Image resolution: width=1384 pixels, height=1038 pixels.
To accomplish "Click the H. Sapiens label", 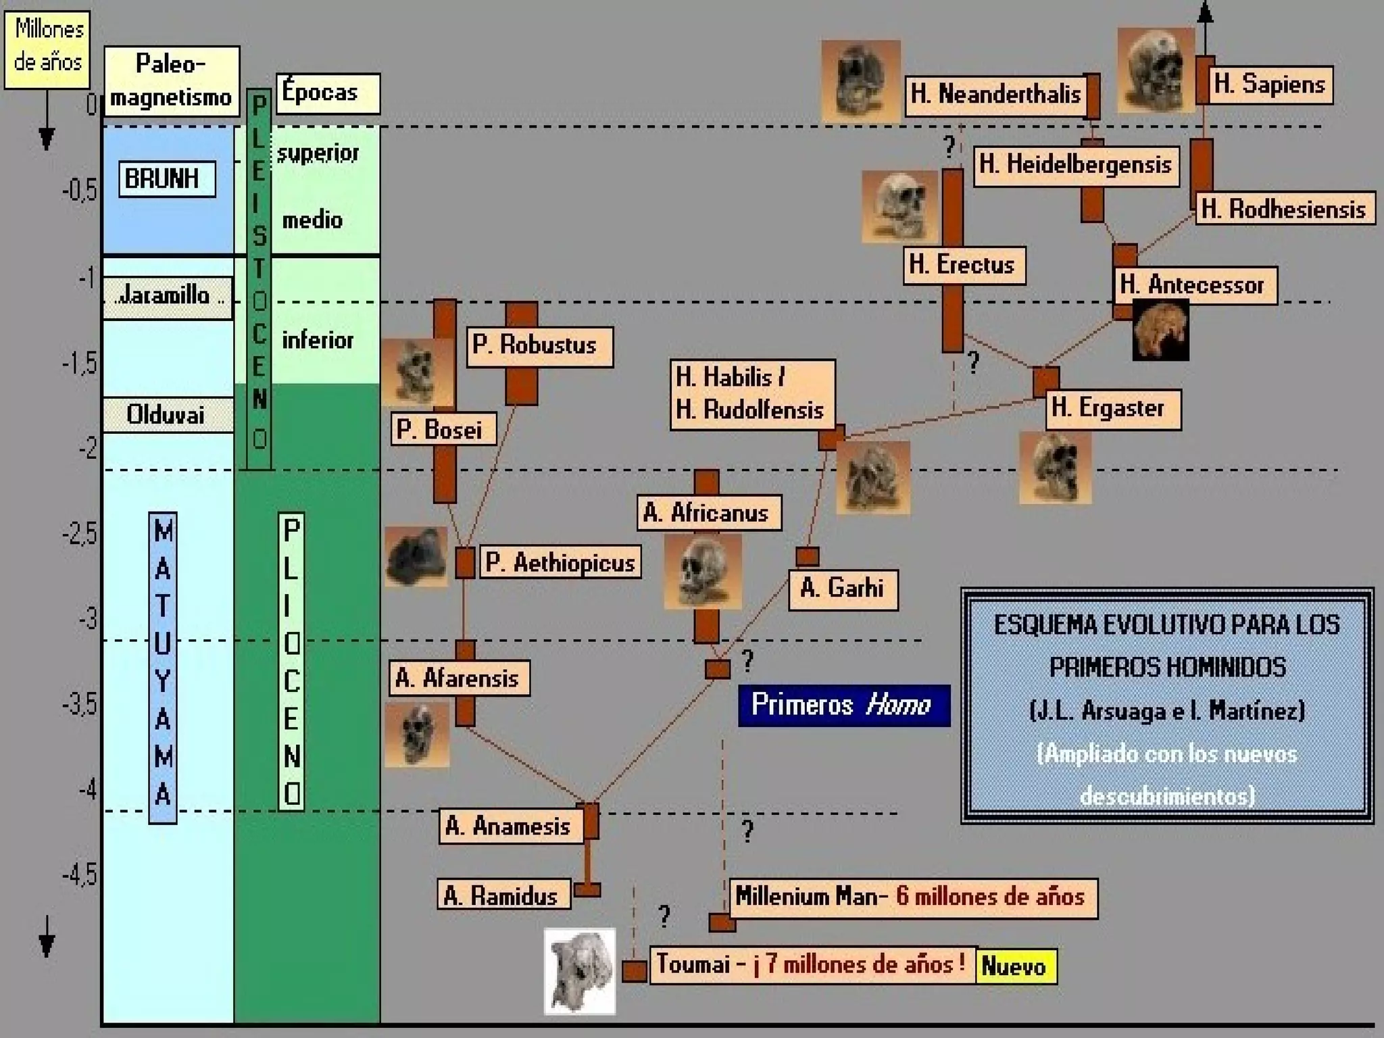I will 1270,84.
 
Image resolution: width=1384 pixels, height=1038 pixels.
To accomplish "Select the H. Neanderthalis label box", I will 995,94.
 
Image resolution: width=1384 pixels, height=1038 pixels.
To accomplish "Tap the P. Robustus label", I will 539,346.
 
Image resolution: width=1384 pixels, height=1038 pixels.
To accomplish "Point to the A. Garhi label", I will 843,589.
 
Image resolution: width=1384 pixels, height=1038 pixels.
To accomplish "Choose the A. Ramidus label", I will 503,896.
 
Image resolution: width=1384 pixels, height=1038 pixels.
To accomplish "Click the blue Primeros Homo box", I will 843,706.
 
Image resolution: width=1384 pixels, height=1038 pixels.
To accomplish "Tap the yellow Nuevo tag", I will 1016,966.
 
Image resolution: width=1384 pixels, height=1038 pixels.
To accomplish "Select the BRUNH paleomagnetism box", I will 167,179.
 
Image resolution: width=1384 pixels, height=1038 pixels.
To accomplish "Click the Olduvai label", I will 167,414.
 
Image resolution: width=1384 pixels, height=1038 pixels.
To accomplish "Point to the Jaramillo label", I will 167,296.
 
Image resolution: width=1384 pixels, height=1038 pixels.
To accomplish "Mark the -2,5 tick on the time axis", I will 80,535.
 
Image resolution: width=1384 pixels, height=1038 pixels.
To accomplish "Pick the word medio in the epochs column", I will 312,220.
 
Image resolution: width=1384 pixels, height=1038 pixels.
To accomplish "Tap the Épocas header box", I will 327,93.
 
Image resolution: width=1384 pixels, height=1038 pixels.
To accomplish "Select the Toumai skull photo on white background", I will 580,971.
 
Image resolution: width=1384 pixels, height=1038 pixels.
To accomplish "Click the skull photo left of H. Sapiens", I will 1155,70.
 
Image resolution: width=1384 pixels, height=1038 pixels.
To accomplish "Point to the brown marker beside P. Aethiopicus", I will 465,563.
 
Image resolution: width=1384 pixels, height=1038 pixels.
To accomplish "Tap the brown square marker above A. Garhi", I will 807,557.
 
